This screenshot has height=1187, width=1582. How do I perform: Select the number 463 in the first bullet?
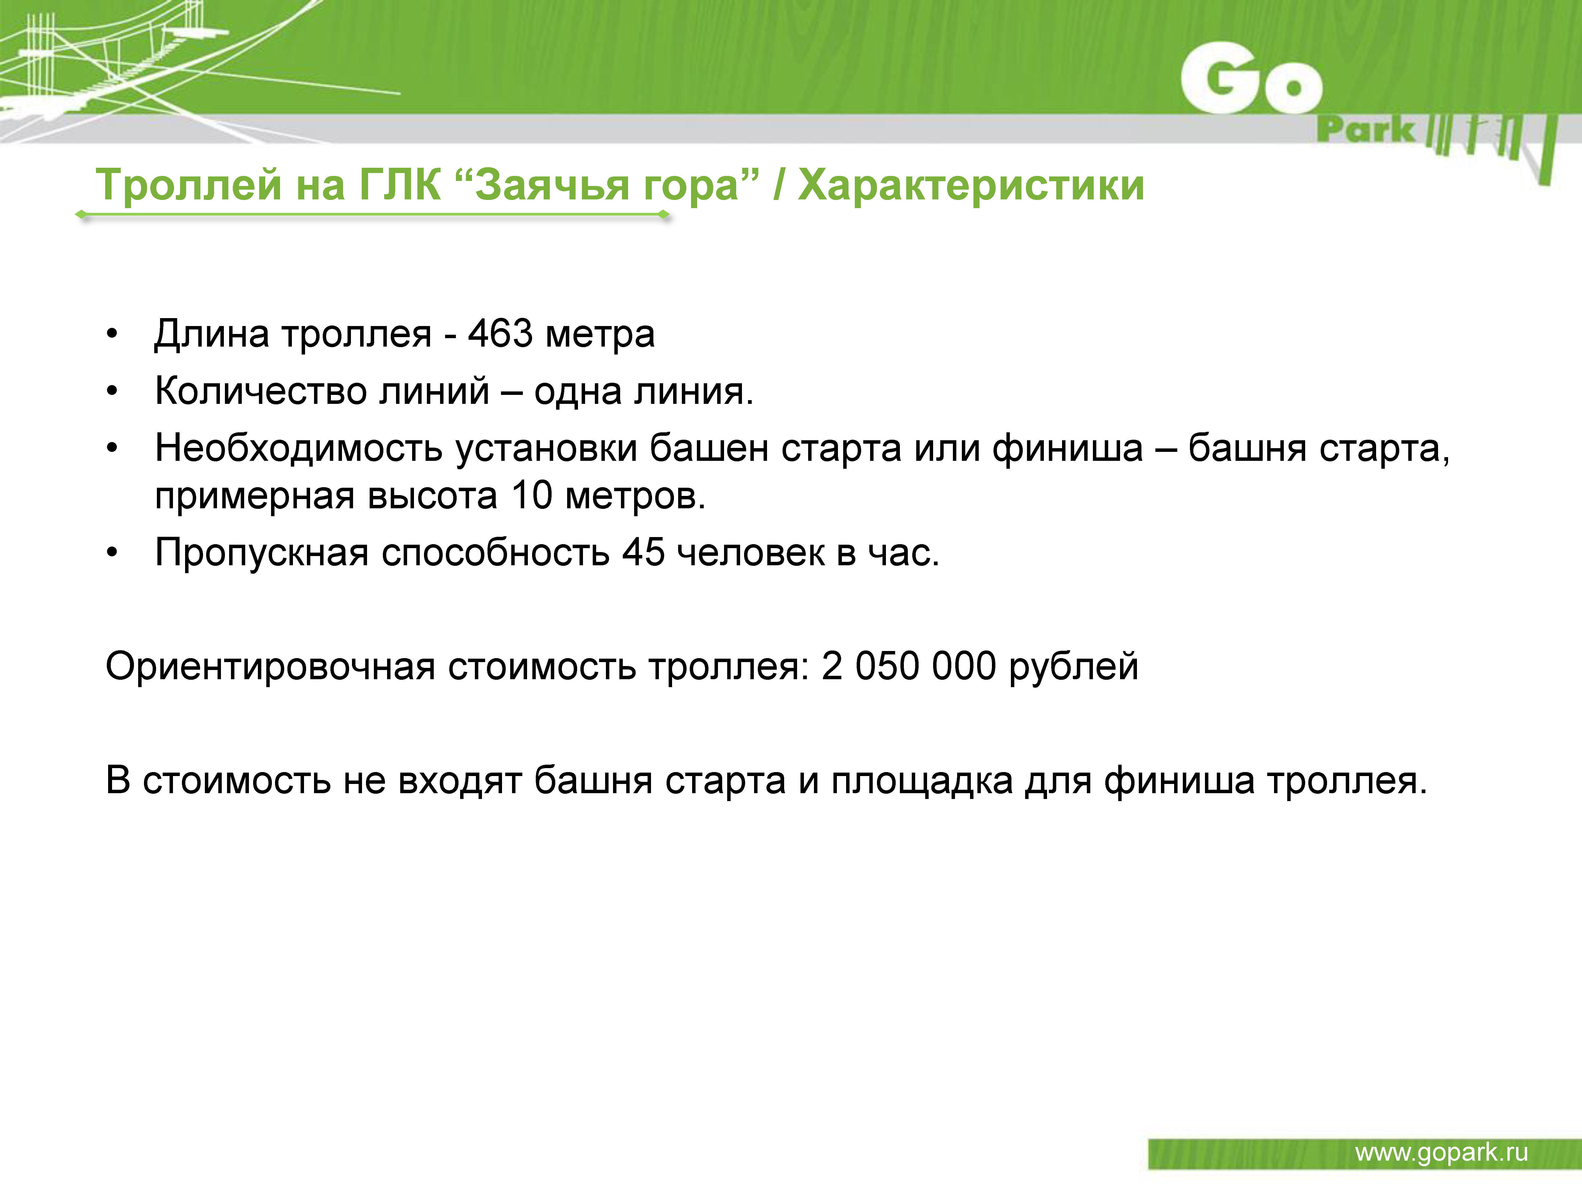tap(500, 334)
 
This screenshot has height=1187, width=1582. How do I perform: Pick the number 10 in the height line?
tap(531, 496)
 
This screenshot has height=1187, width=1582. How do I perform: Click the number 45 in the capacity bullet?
tap(643, 553)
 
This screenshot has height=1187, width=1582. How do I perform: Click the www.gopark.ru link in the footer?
tap(1441, 1153)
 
